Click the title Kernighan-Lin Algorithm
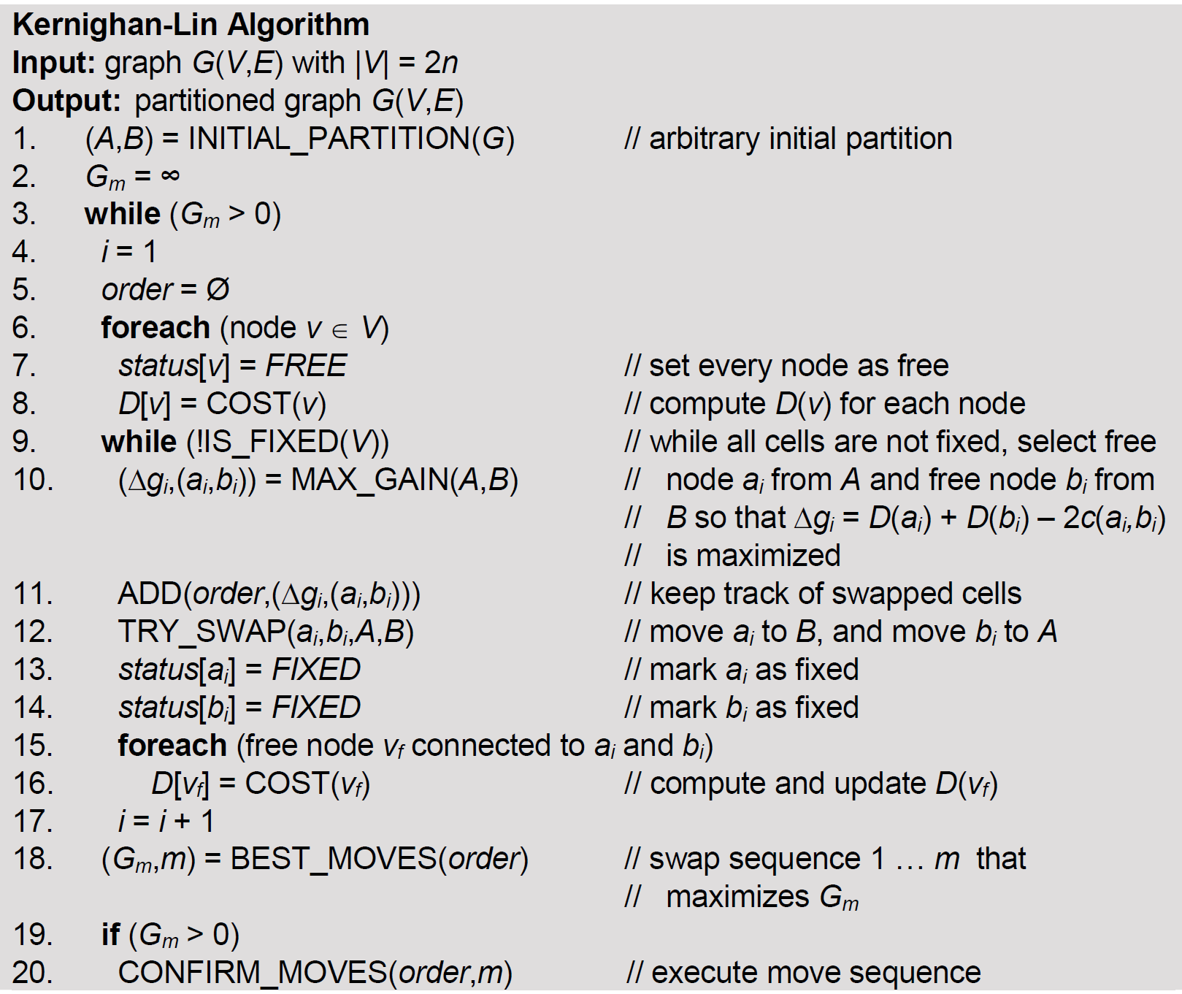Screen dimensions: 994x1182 [191, 25]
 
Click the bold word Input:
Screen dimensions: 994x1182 [54, 63]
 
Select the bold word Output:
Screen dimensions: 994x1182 [66, 101]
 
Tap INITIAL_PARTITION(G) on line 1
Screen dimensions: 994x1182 [351, 139]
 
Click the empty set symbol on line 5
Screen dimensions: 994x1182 [218, 290]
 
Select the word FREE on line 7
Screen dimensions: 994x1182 [306, 366]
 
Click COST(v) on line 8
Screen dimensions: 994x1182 [266, 404]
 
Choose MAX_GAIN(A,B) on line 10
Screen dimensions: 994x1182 [404, 480]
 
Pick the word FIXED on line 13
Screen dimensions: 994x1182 [316, 670]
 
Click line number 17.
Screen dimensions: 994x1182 [32, 822]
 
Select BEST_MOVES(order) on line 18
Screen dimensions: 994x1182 [379, 859]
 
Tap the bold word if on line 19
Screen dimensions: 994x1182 [110, 935]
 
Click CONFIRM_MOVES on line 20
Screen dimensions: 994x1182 [253, 973]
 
